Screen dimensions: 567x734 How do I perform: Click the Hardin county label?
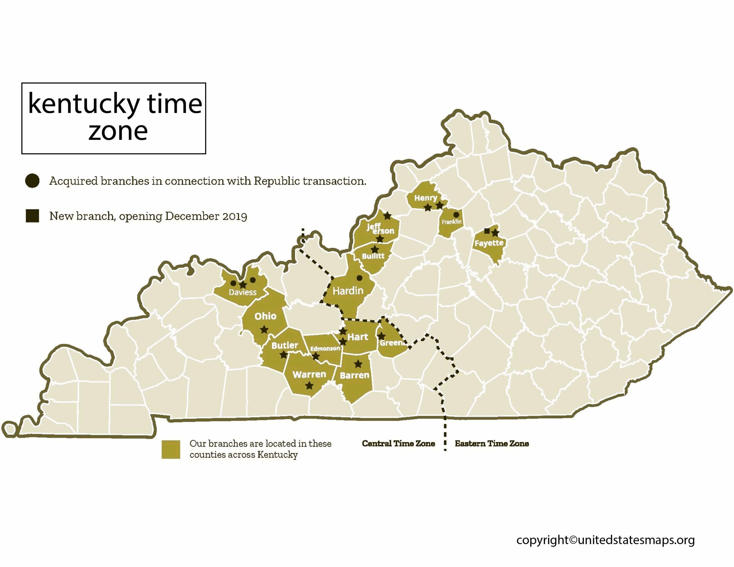click(348, 291)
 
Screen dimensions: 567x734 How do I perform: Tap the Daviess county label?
click(242, 292)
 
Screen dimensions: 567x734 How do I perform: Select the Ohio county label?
click(265, 316)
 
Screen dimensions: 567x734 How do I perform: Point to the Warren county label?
click(309, 374)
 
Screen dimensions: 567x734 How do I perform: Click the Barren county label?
click(355, 376)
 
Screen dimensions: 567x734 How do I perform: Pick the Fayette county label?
click(489, 243)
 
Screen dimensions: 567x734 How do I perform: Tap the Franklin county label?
click(451, 222)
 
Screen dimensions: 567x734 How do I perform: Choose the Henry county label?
click(425, 198)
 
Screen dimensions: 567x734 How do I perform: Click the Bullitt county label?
click(373, 256)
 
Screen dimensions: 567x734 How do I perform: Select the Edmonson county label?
click(325, 349)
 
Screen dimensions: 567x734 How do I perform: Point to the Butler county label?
click(284, 345)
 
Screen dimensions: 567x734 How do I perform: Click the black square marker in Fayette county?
click(487, 231)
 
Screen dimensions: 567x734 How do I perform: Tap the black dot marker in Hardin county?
click(359, 278)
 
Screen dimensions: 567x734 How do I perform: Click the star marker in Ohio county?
click(264, 330)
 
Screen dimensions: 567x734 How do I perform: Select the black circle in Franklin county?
click(456, 215)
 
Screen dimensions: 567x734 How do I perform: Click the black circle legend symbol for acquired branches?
click(32, 181)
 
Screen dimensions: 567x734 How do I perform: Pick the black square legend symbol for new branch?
click(32, 216)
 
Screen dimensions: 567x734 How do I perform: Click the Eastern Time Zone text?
click(492, 444)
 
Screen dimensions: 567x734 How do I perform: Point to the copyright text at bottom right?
click(605, 540)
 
